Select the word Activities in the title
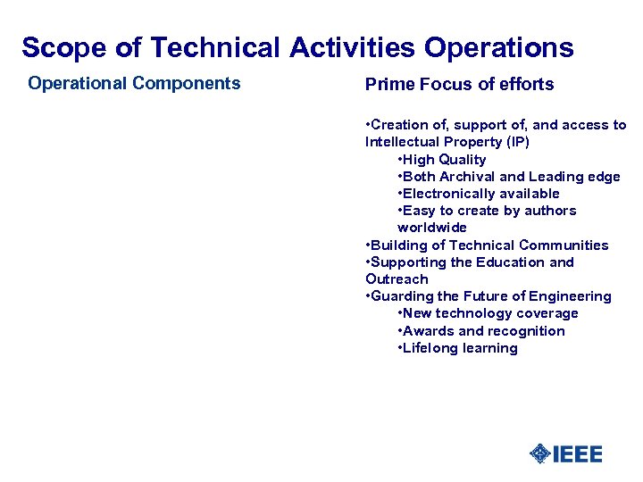coord(353,47)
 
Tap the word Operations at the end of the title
coord(499,47)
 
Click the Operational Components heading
coord(134,84)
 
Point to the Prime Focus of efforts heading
coord(459,85)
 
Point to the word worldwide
coord(432,228)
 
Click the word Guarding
coord(400,296)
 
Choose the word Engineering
coord(569,296)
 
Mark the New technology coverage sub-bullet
coord(489,313)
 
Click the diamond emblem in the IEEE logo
coord(540,453)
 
